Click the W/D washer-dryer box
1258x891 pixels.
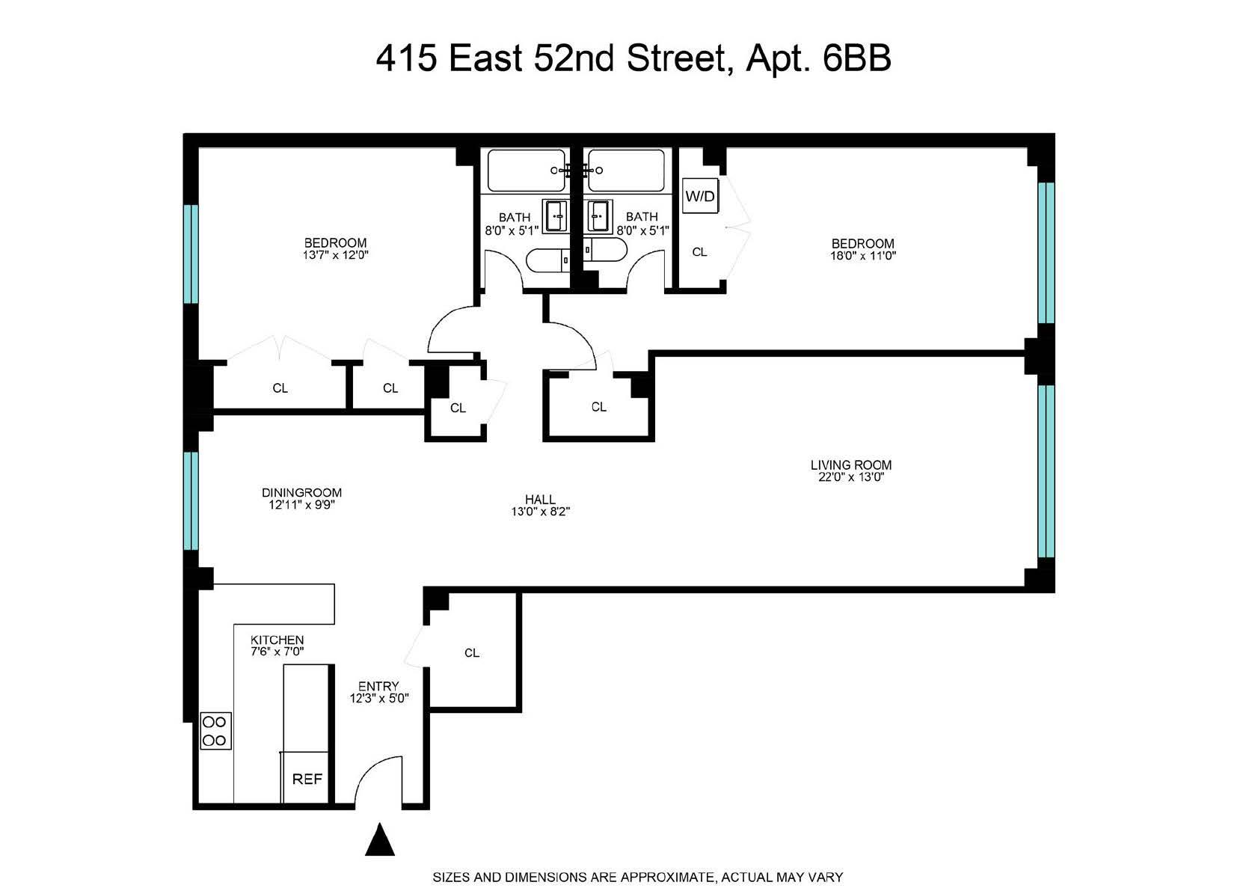pos(701,197)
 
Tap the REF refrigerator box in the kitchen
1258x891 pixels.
pos(307,779)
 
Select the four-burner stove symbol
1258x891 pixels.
pos(215,731)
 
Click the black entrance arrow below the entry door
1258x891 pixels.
pos(379,839)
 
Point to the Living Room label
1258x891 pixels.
pos(851,465)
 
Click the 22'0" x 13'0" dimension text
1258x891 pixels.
pos(851,477)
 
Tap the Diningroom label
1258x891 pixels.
pos(301,492)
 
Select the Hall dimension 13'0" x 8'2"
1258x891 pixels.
pos(540,512)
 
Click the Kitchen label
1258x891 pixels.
pos(277,640)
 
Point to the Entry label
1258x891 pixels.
pos(378,686)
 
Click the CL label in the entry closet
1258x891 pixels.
pos(471,652)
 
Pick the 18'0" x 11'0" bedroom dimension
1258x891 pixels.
pos(863,255)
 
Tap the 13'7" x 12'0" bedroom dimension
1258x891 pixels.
pos(335,254)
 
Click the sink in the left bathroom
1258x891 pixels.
pos(555,215)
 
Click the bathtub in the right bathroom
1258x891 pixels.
pos(627,171)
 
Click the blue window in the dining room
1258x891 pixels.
pos(191,500)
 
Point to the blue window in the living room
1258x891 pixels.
pos(1046,471)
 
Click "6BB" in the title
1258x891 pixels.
pos(856,58)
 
